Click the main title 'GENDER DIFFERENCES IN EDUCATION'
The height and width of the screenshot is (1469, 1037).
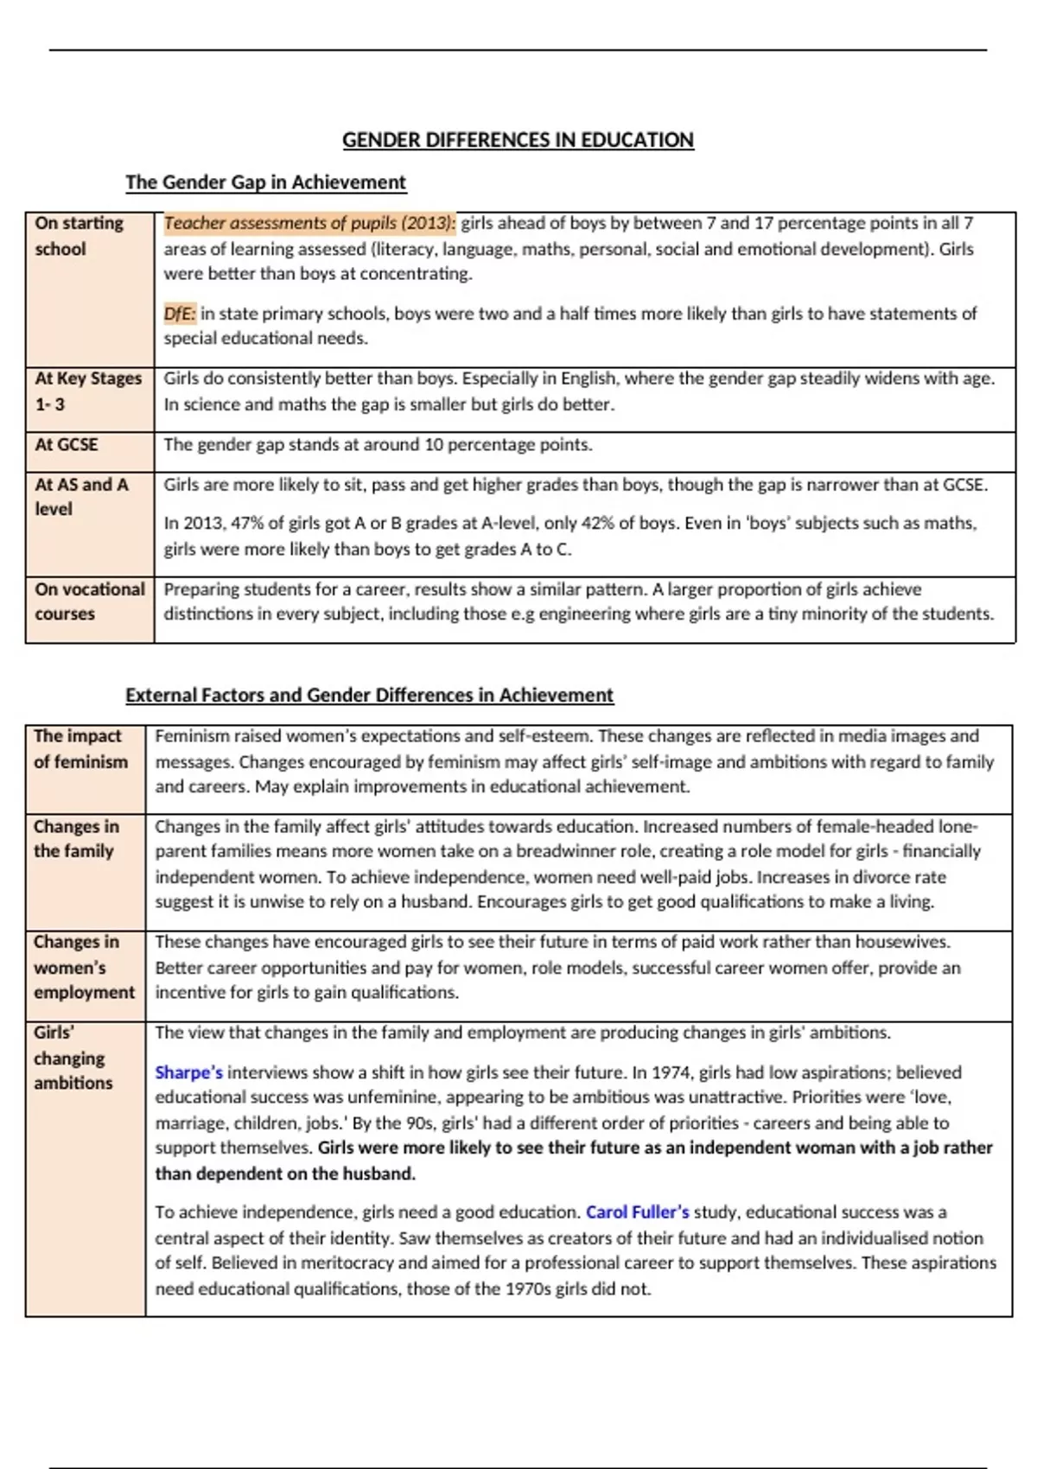coord(518,140)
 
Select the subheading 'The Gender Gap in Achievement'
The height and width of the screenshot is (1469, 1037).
coord(265,182)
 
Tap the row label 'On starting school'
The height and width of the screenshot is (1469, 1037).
coord(79,236)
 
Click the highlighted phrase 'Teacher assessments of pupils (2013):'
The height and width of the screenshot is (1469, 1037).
coord(309,223)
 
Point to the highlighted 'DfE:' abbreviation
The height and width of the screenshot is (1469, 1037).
coord(180,314)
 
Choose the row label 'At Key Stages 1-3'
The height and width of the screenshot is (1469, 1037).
coord(87,391)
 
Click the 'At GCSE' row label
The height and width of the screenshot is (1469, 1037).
coord(67,445)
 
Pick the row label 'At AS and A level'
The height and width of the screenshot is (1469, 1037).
coord(81,497)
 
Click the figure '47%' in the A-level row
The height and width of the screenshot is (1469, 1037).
coord(247,524)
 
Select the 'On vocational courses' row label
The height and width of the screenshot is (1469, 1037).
coord(89,601)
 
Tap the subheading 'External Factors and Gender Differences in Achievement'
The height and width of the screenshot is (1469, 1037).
coord(369,696)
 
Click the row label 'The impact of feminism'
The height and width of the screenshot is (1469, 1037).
coord(80,749)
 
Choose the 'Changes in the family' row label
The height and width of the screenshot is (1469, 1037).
coord(76,838)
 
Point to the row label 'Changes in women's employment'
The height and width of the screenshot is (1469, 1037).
coord(84,967)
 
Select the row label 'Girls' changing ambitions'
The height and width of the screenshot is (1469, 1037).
coord(73,1058)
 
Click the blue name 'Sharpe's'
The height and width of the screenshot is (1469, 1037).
coord(188,1073)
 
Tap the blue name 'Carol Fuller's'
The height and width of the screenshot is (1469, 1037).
coord(637,1212)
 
